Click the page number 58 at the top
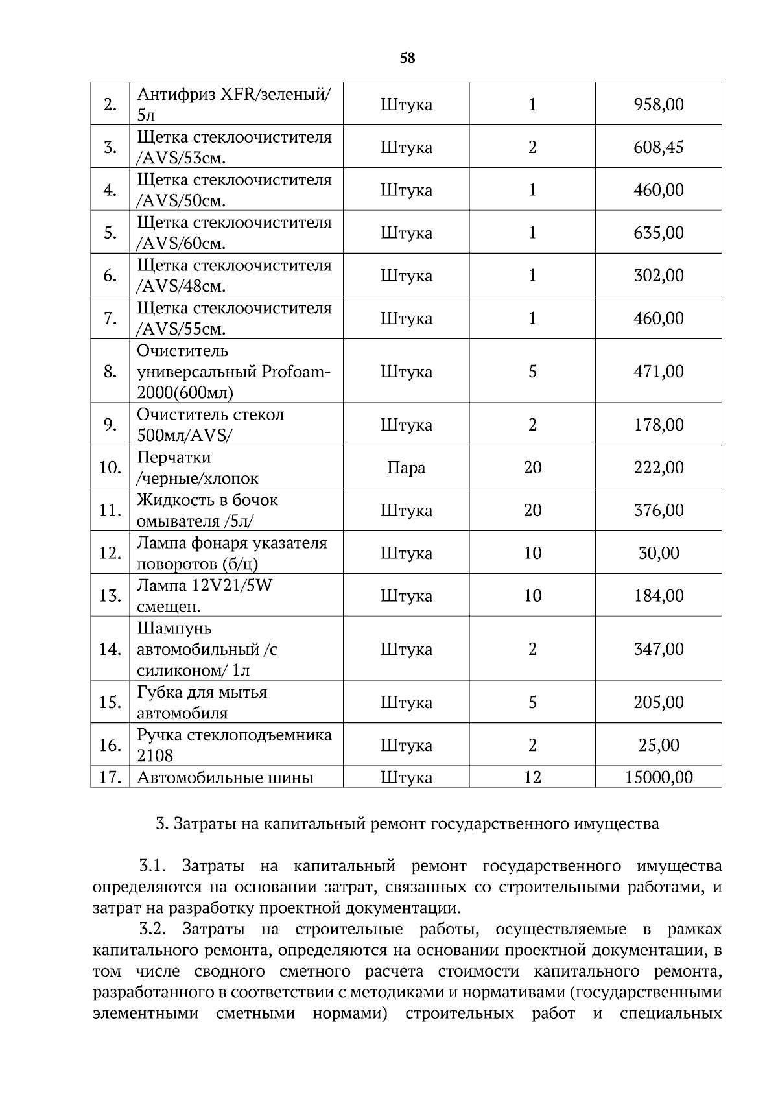(x=407, y=58)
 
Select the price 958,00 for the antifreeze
(x=658, y=104)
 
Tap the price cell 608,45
(x=658, y=147)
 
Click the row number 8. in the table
(x=110, y=372)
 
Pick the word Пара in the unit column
(x=406, y=468)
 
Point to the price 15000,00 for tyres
(x=658, y=777)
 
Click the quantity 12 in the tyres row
(x=532, y=777)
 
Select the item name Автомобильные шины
(x=225, y=777)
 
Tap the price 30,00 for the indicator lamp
(x=658, y=553)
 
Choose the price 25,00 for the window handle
(x=658, y=745)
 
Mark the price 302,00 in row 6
(x=658, y=276)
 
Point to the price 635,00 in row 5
(x=658, y=233)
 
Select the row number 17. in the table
(x=110, y=777)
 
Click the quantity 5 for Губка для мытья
(x=532, y=702)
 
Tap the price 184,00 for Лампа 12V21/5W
(x=658, y=596)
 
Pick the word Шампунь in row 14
(x=174, y=629)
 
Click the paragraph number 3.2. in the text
(x=153, y=930)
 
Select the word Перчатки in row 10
(x=174, y=458)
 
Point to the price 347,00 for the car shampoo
(x=658, y=649)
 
